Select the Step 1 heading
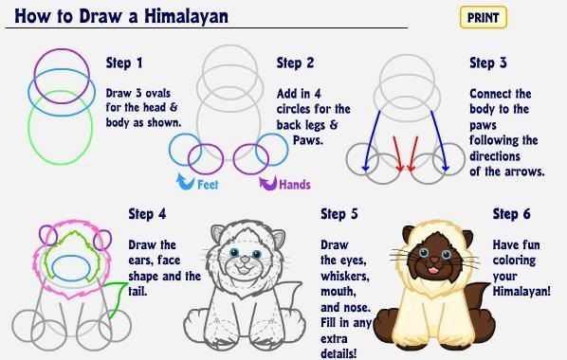point(123,63)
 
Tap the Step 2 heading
point(295,63)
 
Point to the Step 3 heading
point(488,63)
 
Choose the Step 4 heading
point(148,214)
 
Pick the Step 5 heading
point(339,214)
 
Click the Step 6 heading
point(511,214)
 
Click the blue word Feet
point(208,185)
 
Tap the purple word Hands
point(294,185)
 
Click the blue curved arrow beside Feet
point(183,180)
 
